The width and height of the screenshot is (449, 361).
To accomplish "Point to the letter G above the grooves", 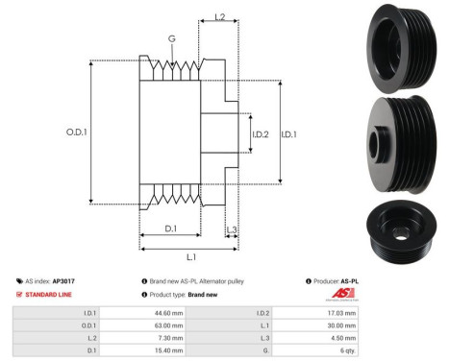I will pyautogui.click(x=171, y=39).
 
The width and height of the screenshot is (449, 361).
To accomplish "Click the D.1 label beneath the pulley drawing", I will pyautogui.click(x=169, y=228).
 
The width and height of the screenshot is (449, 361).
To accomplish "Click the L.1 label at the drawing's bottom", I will pyautogui.click(x=190, y=257).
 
